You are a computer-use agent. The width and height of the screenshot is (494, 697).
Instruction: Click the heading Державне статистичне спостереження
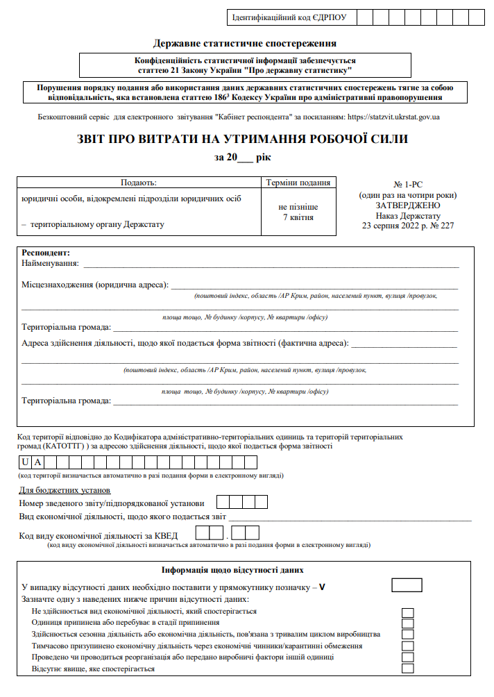pyautogui.click(x=246, y=44)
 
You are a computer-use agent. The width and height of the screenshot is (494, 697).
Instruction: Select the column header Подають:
pyautogui.click(x=139, y=183)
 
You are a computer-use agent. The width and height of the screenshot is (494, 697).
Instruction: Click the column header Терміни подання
pyautogui.click(x=298, y=183)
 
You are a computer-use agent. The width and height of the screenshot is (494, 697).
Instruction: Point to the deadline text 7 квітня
pyautogui.click(x=298, y=217)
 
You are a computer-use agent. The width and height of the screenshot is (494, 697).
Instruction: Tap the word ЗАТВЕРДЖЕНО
pyautogui.click(x=407, y=205)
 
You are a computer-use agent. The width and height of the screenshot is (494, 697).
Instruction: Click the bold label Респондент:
pyautogui.click(x=46, y=253)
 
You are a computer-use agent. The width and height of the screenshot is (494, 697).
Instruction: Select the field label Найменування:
pyautogui.click(x=51, y=264)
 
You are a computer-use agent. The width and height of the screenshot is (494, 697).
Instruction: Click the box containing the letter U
pyautogui.click(x=26, y=462)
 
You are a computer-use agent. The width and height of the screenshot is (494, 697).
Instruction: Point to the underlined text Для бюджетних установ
pyautogui.click(x=61, y=491)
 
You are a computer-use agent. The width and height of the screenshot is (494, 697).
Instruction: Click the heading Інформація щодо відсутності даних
pyautogui.click(x=232, y=570)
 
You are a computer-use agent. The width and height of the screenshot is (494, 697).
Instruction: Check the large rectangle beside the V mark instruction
pyautogui.click(x=407, y=585)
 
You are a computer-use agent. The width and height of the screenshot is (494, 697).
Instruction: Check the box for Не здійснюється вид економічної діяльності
pyautogui.click(x=408, y=612)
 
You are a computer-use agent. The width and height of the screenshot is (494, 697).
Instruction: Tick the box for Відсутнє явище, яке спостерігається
pyautogui.click(x=408, y=669)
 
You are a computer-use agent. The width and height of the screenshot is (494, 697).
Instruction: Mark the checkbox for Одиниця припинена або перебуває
pyautogui.click(x=408, y=623)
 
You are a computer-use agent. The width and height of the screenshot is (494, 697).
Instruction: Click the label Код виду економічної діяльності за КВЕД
pyautogui.click(x=99, y=535)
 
